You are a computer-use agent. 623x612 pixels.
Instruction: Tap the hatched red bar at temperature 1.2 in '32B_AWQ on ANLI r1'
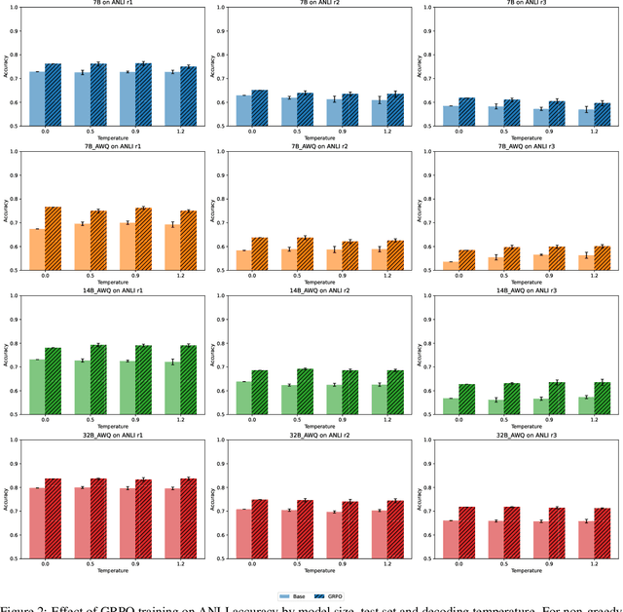188,518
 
